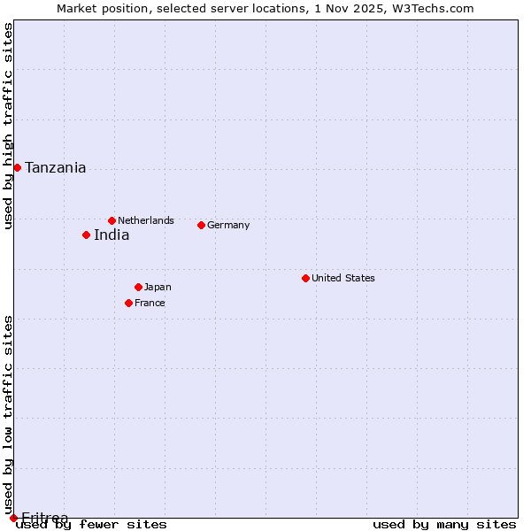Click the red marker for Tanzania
click(x=17, y=167)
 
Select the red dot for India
click(x=86, y=235)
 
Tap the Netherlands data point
click(x=112, y=220)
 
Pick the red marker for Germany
click(x=201, y=225)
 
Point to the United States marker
click(x=305, y=278)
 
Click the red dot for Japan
click(x=138, y=287)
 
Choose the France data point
click(x=128, y=303)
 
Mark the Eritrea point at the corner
click(x=13, y=518)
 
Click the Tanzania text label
click(x=56, y=167)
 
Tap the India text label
click(x=112, y=235)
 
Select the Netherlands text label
click(x=146, y=220)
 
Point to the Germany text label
click(x=228, y=225)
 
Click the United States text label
click(x=343, y=278)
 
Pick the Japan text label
click(x=158, y=287)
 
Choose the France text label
click(x=150, y=303)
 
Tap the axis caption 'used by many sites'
click(x=444, y=524)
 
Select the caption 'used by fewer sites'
click(x=91, y=524)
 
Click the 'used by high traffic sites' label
click(x=8, y=126)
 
